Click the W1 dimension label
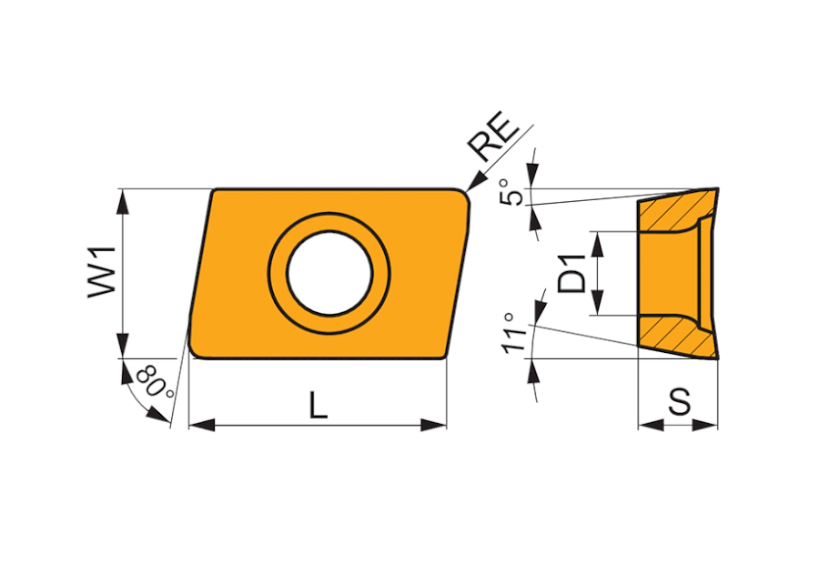point(101,272)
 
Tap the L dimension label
point(318,405)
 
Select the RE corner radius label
point(494,136)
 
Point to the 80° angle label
point(155,382)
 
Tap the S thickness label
point(680,401)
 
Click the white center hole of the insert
point(329,273)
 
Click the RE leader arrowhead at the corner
point(473,183)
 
